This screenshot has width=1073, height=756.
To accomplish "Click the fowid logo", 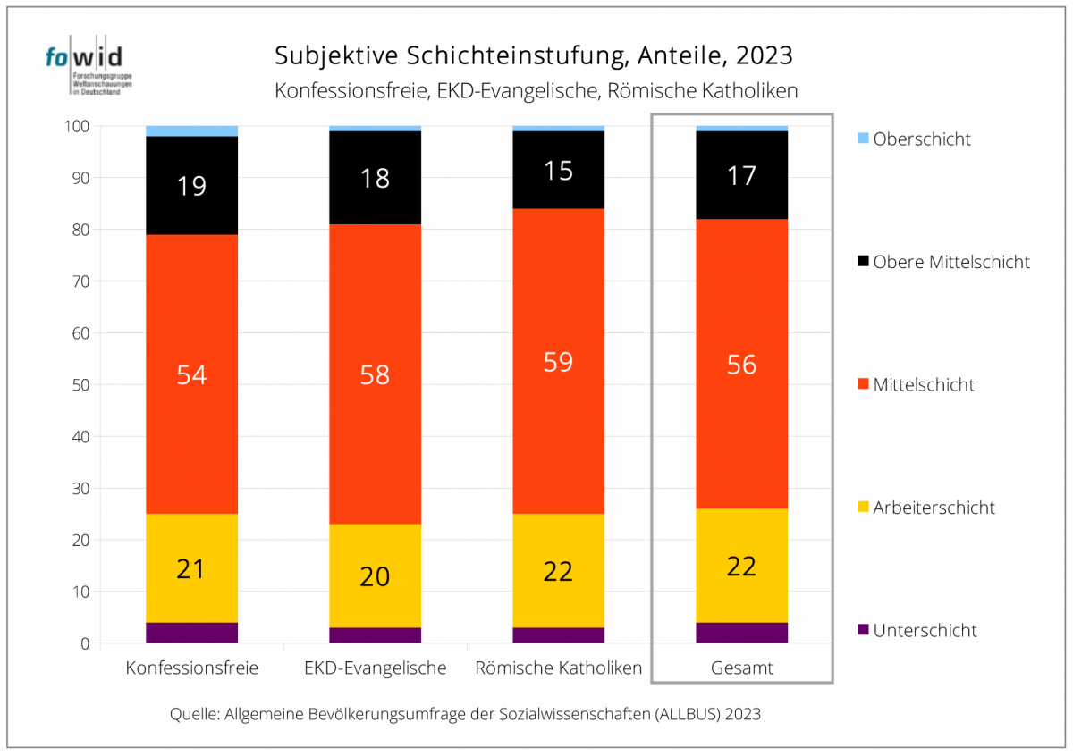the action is [89, 65].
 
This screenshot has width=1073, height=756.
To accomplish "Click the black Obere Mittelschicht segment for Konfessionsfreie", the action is [191, 185].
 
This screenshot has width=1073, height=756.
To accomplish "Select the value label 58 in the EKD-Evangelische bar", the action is [375, 375].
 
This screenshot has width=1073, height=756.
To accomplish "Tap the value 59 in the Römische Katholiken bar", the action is [558, 362].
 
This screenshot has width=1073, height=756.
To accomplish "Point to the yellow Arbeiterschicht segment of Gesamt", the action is [741, 566].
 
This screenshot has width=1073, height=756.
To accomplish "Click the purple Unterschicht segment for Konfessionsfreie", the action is [191, 633].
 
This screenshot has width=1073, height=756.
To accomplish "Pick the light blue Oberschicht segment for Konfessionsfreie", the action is [191, 131].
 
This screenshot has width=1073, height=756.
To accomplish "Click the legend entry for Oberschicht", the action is [914, 139].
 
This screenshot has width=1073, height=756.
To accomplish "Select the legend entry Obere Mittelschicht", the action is [943, 262].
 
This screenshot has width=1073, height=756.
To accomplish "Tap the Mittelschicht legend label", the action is [924, 385].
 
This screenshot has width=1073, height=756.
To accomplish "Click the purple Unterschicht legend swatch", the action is [863, 630].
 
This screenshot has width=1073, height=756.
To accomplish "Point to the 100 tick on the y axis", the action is [77, 126].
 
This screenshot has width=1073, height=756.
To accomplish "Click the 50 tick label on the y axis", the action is [81, 385].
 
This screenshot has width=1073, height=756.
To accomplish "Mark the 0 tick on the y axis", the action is [85, 643].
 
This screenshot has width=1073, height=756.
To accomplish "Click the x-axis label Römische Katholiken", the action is [559, 668].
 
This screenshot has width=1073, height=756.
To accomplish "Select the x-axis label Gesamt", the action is [741, 668].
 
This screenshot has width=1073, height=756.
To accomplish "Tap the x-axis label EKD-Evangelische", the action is [375, 668].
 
